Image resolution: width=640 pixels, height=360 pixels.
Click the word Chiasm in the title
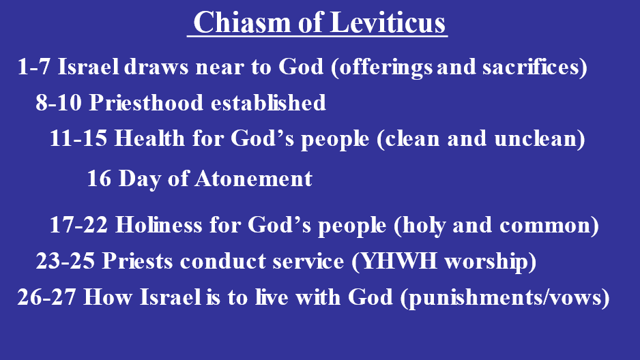click(x=242, y=22)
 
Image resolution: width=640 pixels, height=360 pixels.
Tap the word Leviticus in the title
click(x=388, y=22)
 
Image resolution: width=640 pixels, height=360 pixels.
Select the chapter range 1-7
click(x=34, y=66)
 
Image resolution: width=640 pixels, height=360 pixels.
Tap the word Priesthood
click(x=146, y=102)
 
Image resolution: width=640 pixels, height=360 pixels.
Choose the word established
click(x=269, y=102)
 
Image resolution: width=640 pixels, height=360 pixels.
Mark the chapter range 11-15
click(x=78, y=138)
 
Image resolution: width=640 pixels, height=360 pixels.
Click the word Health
click(x=149, y=138)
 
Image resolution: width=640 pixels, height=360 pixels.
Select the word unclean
click(x=536, y=138)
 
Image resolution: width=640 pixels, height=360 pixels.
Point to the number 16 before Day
click(x=99, y=179)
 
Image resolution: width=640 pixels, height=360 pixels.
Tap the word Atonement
click(x=253, y=179)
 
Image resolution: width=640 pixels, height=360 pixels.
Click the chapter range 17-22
click(x=78, y=225)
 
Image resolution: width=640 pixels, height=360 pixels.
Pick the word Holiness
click(x=159, y=224)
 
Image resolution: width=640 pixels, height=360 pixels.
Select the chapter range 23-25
click(x=66, y=261)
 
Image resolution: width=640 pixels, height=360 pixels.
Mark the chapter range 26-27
click(x=46, y=297)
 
